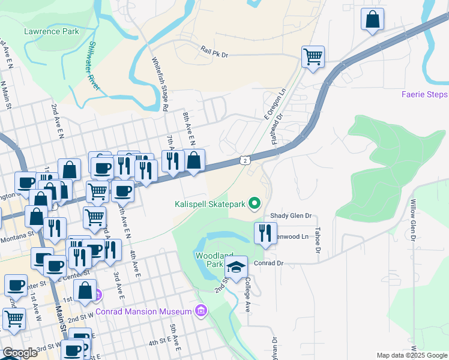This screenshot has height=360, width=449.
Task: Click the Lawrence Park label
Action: (x=51, y=31)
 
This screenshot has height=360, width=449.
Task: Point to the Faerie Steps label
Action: (x=424, y=95)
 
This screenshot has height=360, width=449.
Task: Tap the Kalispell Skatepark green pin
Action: (x=255, y=205)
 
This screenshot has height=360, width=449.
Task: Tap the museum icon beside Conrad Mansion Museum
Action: (x=201, y=311)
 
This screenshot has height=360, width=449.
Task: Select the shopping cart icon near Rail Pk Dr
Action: (x=313, y=58)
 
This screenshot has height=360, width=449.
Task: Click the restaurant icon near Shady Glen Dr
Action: (x=265, y=232)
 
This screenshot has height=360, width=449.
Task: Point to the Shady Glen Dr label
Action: (x=292, y=216)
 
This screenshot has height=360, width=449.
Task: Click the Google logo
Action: (x=20, y=353)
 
